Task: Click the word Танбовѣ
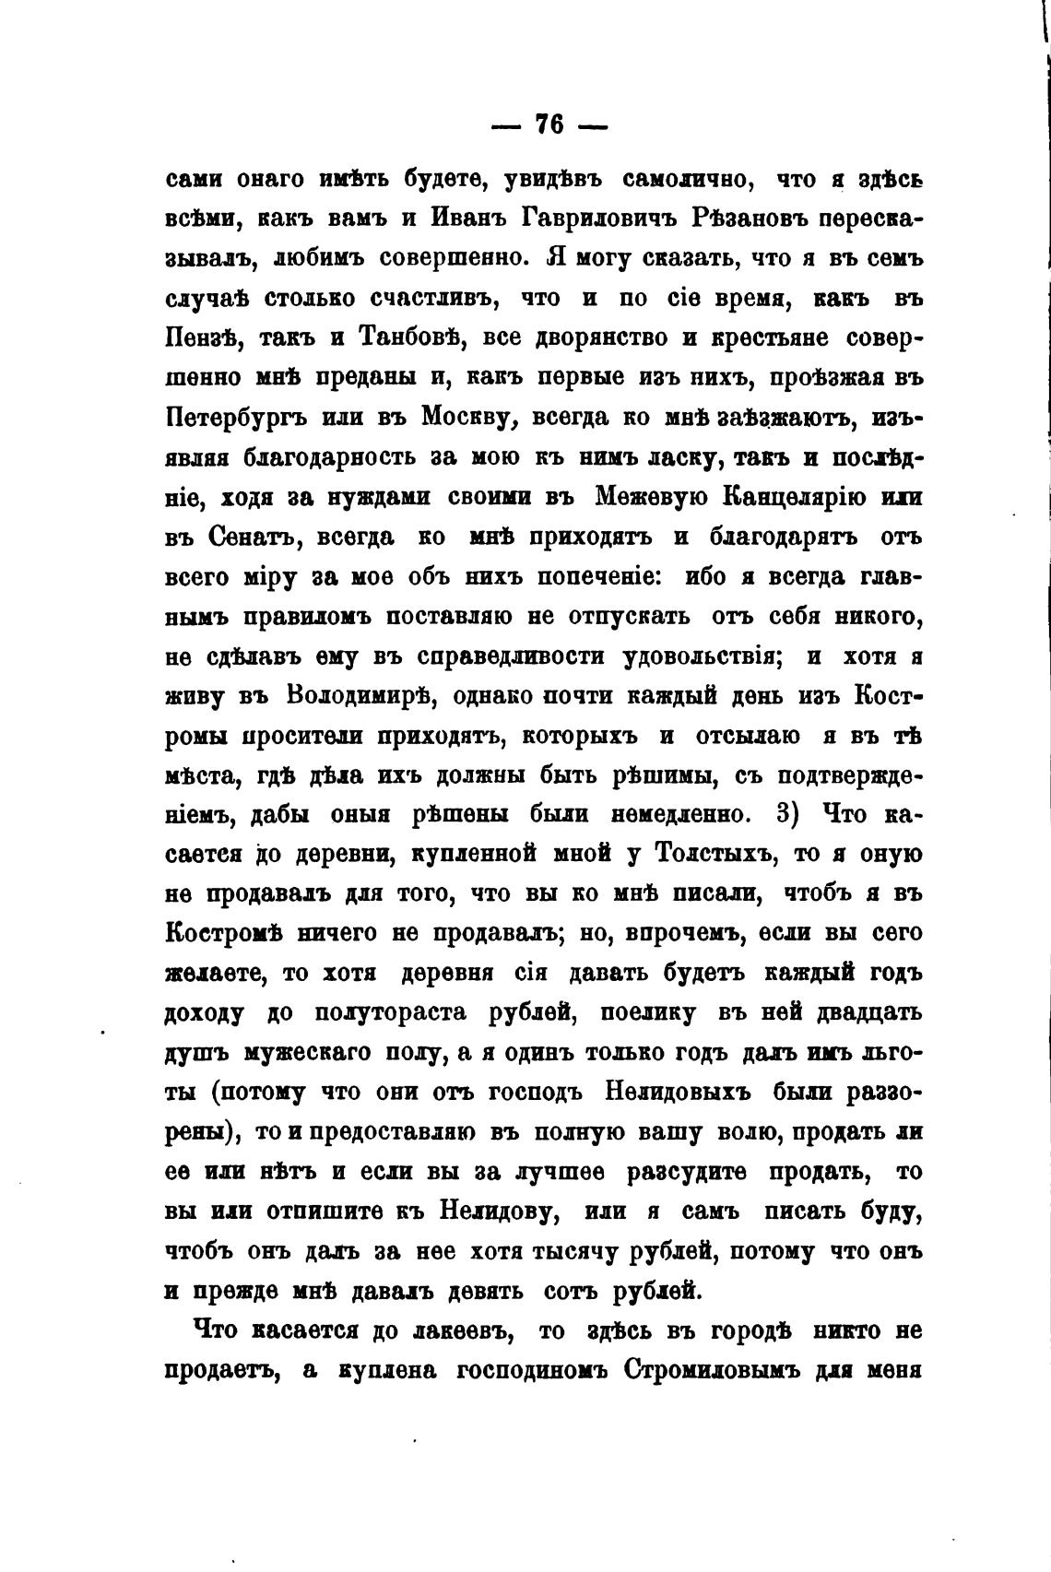coord(407,337)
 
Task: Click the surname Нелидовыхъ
coord(678,1093)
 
